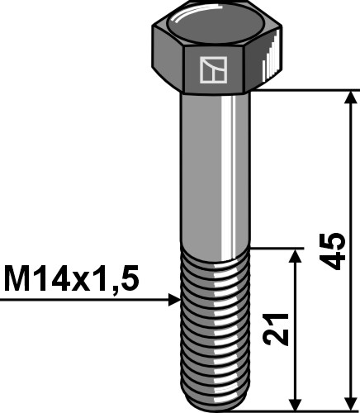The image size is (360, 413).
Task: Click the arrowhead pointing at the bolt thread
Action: coord(173,300)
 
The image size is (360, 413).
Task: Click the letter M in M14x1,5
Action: coord(17,278)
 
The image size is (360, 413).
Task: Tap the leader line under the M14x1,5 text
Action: coord(83,300)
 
